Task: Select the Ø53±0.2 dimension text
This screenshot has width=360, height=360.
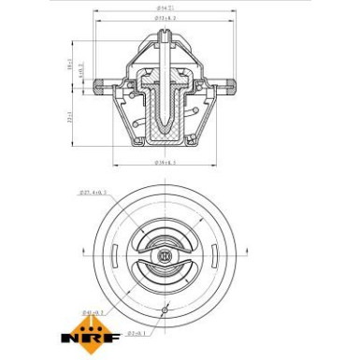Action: [x=166, y=19]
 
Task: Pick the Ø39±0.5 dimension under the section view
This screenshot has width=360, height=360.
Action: [x=165, y=163]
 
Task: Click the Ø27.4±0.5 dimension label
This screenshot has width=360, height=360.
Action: [x=93, y=194]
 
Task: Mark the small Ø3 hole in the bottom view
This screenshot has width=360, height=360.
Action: [x=164, y=310]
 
